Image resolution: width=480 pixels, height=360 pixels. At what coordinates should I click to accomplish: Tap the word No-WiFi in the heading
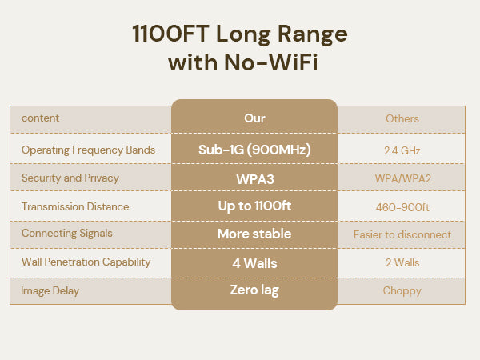(x=271, y=62)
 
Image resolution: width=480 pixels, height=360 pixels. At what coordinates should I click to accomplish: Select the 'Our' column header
(x=254, y=118)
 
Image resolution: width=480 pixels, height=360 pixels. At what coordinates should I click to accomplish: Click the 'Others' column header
(x=402, y=118)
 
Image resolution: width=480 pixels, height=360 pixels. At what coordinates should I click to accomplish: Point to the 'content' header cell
(x=41, y=118)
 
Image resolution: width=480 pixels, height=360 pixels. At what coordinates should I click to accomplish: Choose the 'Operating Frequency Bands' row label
(x=88, y=150)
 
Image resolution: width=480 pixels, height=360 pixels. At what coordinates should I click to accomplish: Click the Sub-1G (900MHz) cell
(x=254, y=150)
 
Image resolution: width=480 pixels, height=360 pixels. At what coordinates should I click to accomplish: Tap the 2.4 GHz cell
(x=402, y=150)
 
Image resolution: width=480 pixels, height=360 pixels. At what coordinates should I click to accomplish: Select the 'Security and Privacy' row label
(x=70, y=178)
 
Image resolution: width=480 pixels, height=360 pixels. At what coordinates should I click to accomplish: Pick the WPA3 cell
(x=255, y=179)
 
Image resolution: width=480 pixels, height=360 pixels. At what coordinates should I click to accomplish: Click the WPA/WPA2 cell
(x=403, y=178)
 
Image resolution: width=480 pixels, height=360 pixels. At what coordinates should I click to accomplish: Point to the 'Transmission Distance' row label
(x=75, y=206)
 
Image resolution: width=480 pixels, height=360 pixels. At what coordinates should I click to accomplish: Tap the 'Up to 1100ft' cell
(x=254, y=206)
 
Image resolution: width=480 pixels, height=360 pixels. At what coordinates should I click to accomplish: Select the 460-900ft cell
(x=402, y=207)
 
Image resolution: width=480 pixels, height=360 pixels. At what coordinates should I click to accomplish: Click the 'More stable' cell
(x=254, y=234)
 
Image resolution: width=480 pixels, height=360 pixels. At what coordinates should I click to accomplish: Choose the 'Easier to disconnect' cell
(x=402, y=234)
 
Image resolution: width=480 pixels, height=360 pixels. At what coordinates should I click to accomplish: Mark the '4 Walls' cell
(x=254, y=263)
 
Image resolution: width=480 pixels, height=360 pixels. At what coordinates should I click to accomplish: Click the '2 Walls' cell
(x=402, y=262)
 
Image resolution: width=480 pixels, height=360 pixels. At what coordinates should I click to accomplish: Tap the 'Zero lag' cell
(x=254, y=290)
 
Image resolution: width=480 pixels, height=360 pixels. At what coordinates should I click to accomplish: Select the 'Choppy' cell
(x=402, y=291)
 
